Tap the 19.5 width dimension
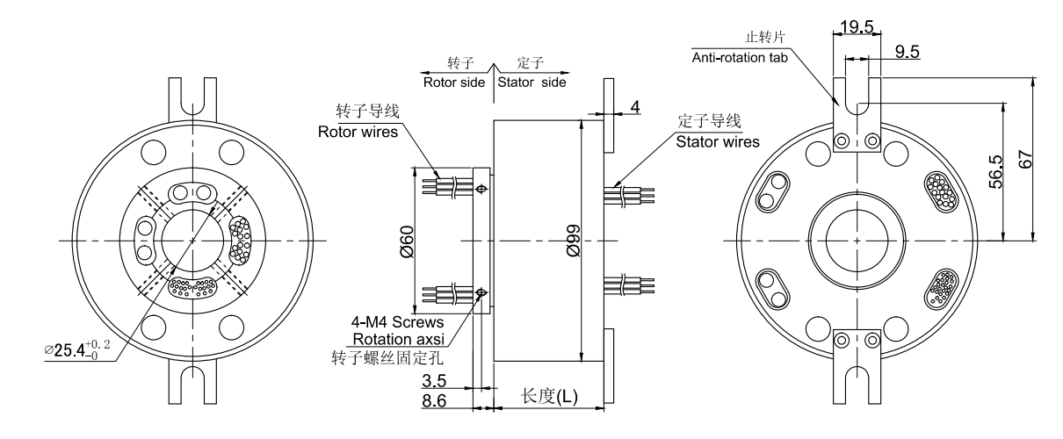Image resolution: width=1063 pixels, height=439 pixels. click(856, 26)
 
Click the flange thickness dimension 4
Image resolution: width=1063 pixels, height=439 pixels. click(633, 107)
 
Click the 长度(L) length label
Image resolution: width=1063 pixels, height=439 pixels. click(549, 396)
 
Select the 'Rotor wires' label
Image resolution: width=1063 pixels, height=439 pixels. click(358, 133)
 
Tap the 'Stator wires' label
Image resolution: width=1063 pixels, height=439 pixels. click(718, 141)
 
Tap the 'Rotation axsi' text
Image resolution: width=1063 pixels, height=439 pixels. click(397, 340)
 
